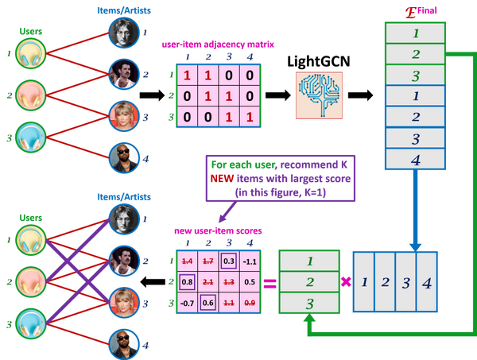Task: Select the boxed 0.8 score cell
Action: [188, 281]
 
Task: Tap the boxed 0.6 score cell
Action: [207, 301]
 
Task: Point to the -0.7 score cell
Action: [188, 301]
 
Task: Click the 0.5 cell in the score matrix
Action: [249, 281]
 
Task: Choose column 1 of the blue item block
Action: [363, 281]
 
